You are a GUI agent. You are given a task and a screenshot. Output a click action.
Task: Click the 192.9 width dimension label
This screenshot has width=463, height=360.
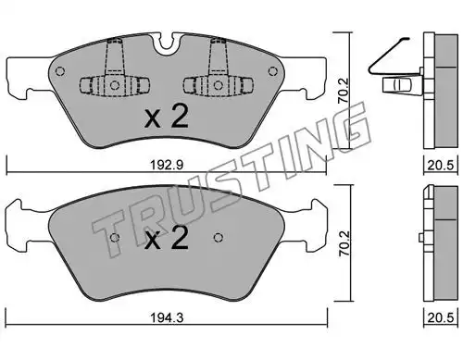[167, 165]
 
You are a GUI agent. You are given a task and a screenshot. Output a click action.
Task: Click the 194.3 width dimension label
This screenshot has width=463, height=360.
[167, 317]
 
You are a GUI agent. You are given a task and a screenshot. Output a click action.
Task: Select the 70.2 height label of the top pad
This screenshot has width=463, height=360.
[344, 90]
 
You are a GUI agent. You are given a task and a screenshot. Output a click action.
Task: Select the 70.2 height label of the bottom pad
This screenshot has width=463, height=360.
[344, 242]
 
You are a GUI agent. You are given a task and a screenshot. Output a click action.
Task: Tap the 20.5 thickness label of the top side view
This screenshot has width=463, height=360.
[441, 166]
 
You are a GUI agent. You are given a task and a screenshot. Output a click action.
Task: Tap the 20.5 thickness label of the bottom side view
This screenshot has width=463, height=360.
[441, 317]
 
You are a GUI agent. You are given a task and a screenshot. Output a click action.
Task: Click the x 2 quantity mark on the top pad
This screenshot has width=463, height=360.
[167, 117]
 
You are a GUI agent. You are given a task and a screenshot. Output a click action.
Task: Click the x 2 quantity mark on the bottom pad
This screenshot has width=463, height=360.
[167, 238]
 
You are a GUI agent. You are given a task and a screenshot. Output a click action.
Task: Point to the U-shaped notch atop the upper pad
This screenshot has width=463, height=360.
[167, 43]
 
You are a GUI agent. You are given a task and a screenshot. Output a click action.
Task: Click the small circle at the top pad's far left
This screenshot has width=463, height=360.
[60, 71]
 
